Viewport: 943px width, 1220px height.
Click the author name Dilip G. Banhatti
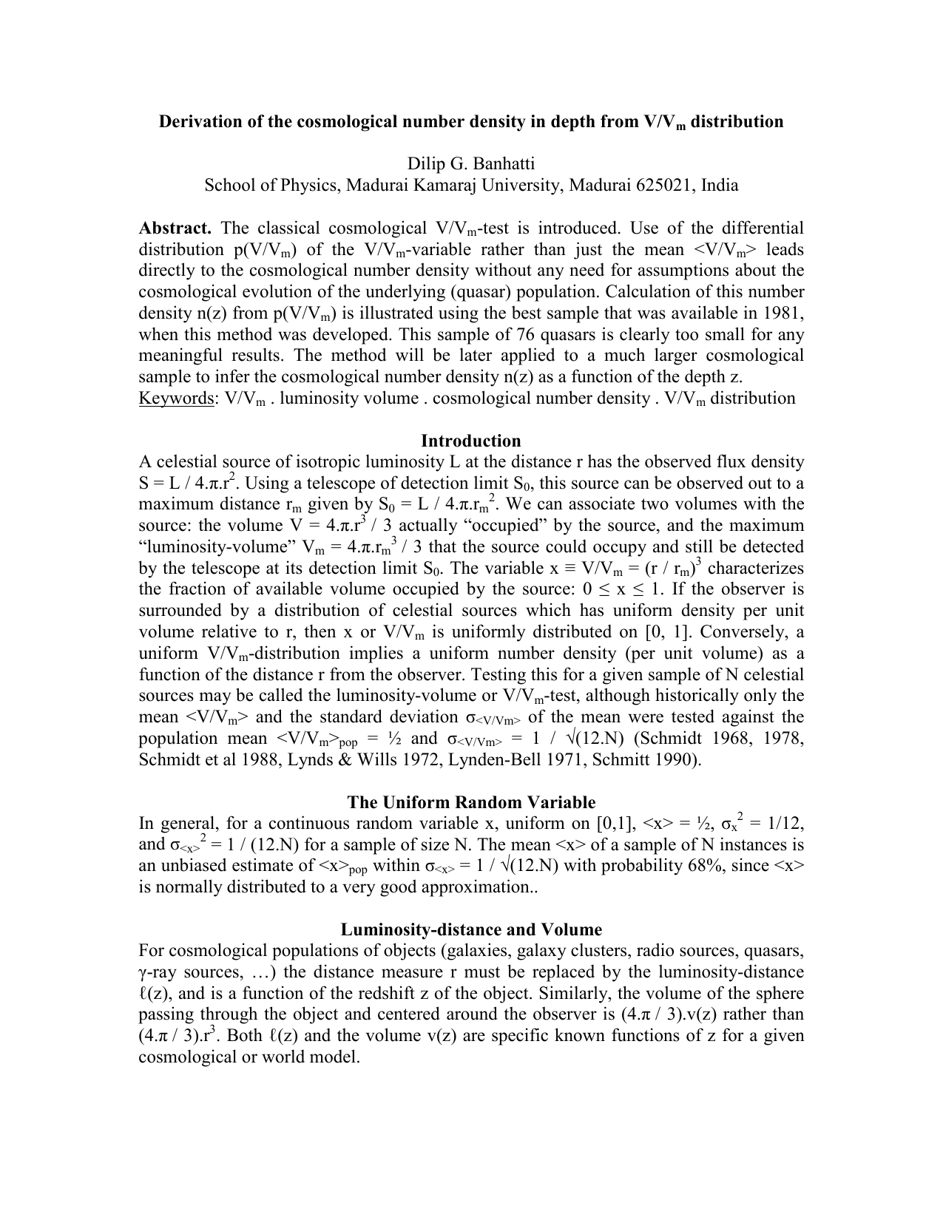(x=471, y=163)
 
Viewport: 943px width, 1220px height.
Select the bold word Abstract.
(x=175, y=228)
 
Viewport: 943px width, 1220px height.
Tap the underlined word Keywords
(x=175, y=399)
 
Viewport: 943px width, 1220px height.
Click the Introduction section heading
(x=471, y=441)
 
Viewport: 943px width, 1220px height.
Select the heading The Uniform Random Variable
(x=471, y=802)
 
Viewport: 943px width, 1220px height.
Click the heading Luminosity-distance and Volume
(x=471, y=929)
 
